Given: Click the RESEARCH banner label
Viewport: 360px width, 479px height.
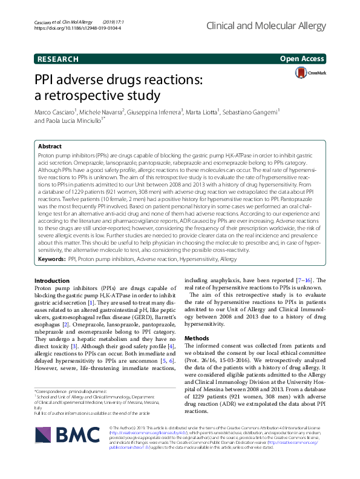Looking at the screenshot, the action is point(57,59).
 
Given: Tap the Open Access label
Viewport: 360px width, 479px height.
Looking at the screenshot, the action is point(303,59).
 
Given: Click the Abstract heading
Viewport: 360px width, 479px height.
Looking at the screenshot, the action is point(50,147).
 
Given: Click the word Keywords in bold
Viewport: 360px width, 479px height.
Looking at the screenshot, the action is point(51,258).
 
